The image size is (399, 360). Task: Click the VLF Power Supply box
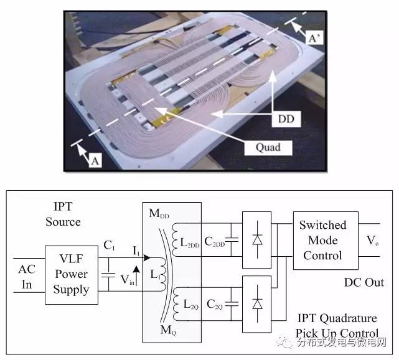click(x=70, y=274)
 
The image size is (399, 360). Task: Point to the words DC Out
click(x=364, y=282)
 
